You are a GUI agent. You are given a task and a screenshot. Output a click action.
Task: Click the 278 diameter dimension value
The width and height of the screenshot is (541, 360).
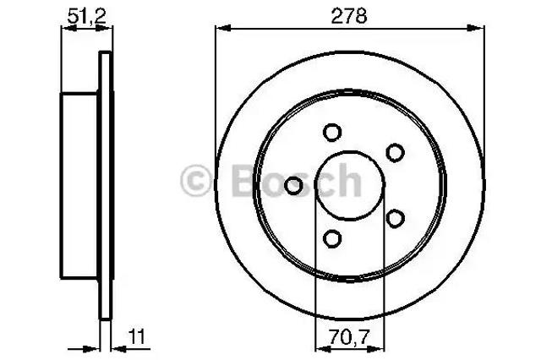point(349,16)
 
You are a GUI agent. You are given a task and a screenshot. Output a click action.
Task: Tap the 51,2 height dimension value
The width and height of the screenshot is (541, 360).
point(86,16)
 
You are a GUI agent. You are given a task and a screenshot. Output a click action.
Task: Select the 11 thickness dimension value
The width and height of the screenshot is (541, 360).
point(137,337)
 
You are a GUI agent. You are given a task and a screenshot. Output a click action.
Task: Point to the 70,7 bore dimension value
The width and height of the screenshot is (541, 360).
point(349,337)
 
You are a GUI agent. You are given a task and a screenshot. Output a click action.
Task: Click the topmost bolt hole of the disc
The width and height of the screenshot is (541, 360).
point(332,133)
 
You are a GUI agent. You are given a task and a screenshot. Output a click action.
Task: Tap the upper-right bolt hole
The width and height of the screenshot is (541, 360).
point(395,153)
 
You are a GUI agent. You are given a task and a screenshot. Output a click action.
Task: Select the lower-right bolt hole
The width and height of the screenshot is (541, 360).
point(395,218)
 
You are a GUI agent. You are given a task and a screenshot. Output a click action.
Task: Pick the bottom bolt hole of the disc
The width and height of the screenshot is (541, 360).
point(332,238)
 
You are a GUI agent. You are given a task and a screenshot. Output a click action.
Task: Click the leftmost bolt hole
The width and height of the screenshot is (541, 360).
point(293,186)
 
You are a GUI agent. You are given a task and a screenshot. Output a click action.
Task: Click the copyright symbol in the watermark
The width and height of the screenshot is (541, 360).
point(195,180)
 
